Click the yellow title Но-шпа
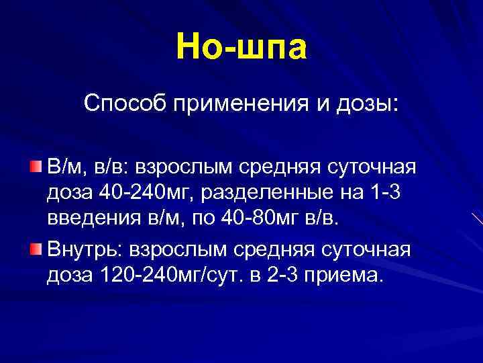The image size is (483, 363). point(241,46)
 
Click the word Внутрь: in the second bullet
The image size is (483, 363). point(86,250)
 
